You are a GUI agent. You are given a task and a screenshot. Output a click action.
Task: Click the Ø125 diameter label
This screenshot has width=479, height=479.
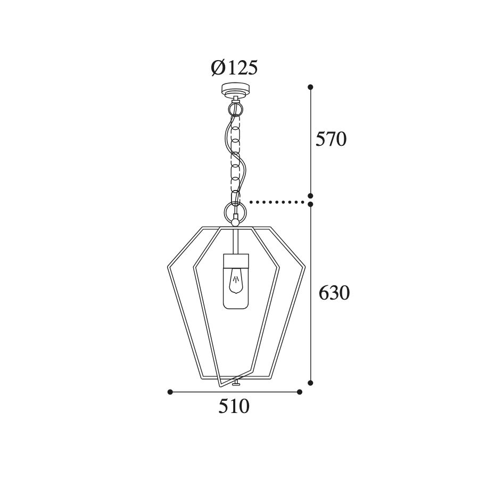click(x=234, y=68)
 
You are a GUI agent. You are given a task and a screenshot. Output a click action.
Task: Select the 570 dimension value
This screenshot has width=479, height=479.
click(x=331, y=139)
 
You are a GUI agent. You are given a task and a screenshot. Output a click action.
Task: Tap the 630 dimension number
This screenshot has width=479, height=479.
click(x=334, y=293)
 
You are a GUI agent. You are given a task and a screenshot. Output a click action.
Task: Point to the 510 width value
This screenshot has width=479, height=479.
click(x=234, y=407)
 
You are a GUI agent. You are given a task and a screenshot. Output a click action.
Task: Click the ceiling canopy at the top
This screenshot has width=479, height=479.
click(x=236, y=90)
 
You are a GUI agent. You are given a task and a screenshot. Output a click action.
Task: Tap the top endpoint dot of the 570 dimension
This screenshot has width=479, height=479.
click(x=311, y=87)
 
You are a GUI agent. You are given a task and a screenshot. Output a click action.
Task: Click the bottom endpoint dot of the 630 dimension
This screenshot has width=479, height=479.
click(x=311, y=383)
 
